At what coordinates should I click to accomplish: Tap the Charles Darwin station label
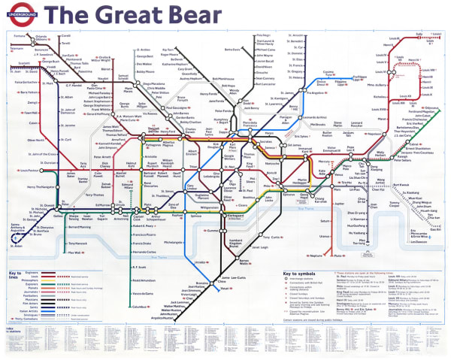[x=190, y=130]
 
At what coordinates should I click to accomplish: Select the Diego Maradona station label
[x=154, y=83]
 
